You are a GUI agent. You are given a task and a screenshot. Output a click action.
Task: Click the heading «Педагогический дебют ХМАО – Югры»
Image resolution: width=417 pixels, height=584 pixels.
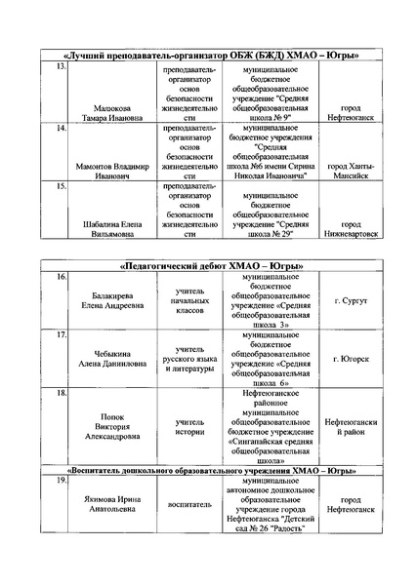click(x=211, y=265)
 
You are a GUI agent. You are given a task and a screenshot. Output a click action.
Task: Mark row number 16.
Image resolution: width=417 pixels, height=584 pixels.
click(x=61, y=279)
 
